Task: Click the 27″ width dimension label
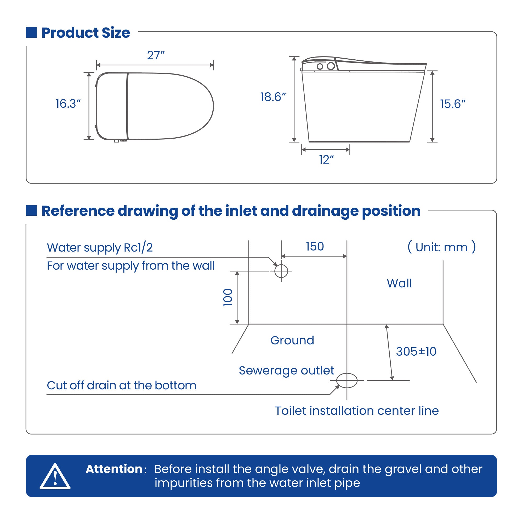coord(156,55)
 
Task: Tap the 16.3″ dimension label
coord(68,104)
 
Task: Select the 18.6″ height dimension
coord(273,97)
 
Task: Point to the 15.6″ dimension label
coord(452,104)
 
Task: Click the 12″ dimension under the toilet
coord(326,160)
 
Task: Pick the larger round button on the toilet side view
coord(331,66)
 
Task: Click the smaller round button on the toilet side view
coord(320,66)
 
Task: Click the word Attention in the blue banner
coord(114,469)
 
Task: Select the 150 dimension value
coord(315,247)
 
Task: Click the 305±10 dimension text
coord(416,352)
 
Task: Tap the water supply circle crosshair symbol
coord(281,271)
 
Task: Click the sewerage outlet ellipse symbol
coord(347,380)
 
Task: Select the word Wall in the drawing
coord(399,283)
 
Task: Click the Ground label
coord(292,340)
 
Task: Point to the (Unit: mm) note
coord(441,247)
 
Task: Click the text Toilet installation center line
coord(357,411)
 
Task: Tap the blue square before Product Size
coord(31,32)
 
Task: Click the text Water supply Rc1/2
coord(100,248)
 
